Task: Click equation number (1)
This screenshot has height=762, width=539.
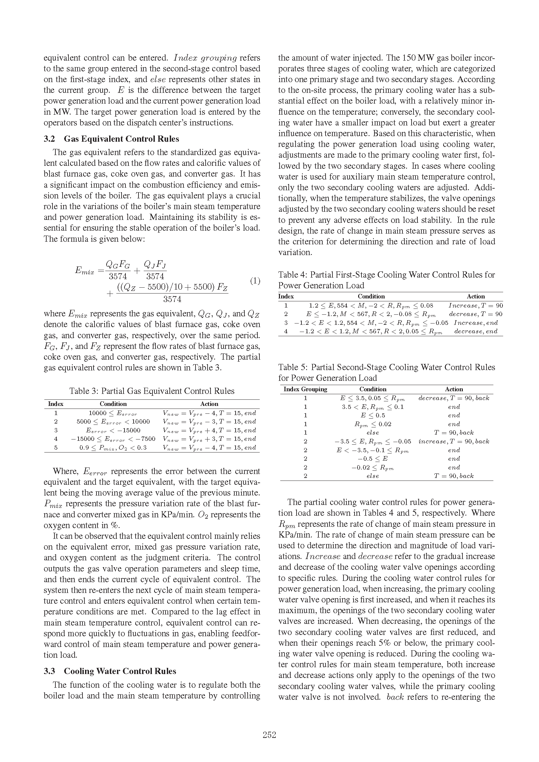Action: click(255, 281)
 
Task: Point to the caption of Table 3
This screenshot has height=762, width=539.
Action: click(152, 391)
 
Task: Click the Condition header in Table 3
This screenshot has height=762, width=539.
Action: click(113, 404)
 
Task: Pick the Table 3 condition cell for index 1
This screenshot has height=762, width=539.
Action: click(113, 413)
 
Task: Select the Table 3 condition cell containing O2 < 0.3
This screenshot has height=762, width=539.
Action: click(113, 448)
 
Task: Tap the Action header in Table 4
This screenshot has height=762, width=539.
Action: click(475, 296)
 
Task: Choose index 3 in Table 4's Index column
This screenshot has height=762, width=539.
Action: click(286, 323)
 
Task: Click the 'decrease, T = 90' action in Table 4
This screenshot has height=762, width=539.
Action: click(475, 314)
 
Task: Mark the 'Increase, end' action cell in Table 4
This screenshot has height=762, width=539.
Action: click(475, 323)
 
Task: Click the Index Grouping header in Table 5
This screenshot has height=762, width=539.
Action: click(305, 389)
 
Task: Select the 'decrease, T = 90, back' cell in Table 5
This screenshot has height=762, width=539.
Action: click(454, 398)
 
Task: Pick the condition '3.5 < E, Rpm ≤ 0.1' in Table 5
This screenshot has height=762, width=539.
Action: click(373, 407)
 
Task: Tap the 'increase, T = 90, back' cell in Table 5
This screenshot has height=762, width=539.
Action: click(454, 441)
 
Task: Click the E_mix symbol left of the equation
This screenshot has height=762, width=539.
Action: click(84, 270)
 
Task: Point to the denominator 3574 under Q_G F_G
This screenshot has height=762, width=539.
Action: click(118, 276)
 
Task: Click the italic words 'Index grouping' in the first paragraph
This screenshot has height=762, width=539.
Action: click(205, 58)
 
